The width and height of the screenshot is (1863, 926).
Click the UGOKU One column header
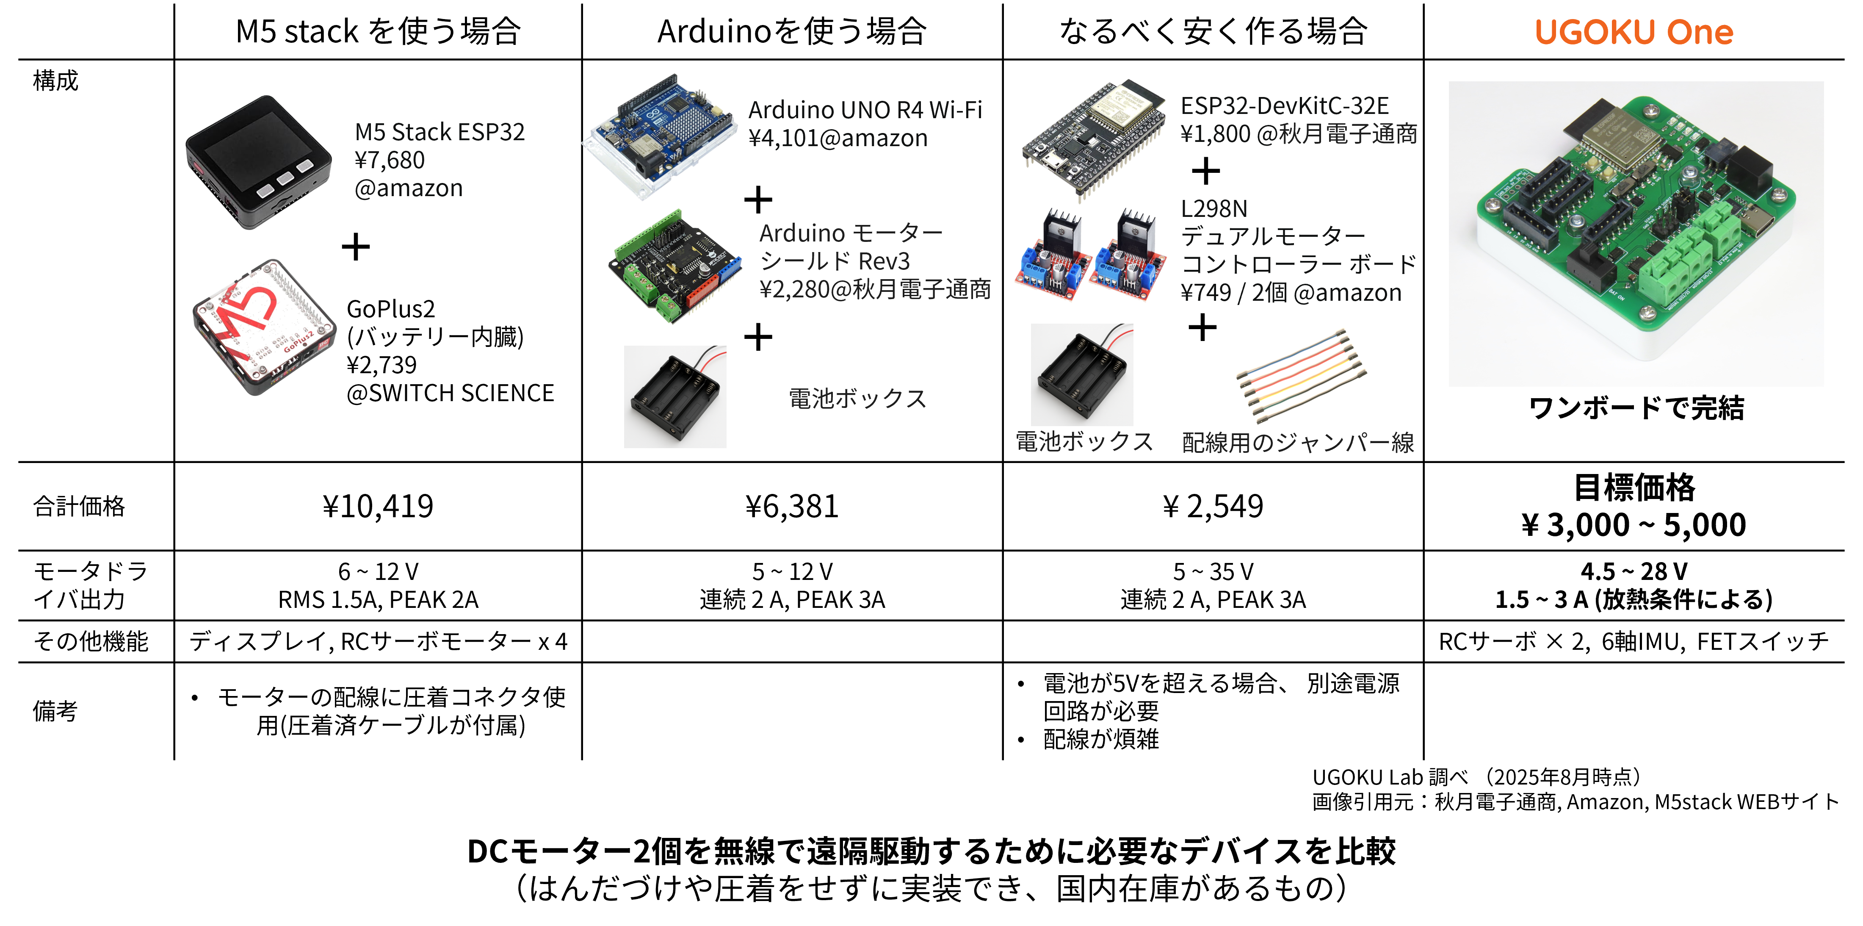tap(1634, 32)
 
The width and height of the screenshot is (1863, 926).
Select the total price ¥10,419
tap(378, 506)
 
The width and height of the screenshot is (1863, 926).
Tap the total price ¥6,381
tap(792, 506)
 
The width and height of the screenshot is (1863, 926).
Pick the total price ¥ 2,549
tap(1213, 506)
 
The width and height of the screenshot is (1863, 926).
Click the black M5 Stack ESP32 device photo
tap(258, 162)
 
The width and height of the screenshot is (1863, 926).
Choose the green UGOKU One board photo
tap(1636, 233)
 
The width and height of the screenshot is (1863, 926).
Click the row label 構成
tap(56, 80)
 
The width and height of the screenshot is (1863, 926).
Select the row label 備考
tap(55, 711)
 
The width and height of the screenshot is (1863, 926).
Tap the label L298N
tap(1214, 208)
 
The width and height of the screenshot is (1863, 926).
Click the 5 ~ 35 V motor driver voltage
tap(1213, 571)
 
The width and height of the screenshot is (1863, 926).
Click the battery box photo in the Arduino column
tap(675, 396)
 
